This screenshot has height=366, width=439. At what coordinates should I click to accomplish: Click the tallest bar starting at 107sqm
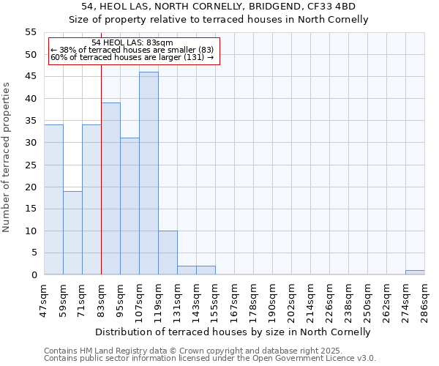(149, 173)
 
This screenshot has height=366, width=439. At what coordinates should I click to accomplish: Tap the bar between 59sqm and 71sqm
(72, 233)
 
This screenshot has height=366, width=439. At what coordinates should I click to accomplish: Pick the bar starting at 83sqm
(110, 189)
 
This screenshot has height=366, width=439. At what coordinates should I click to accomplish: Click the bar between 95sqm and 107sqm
(130, 206)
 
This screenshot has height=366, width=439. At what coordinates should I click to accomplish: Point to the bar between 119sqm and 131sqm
(168, 253)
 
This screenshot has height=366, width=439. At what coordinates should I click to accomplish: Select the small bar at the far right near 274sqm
(415, 272)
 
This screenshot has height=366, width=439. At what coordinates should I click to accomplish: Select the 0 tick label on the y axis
(34, 275)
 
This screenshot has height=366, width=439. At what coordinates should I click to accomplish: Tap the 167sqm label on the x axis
(234, 298)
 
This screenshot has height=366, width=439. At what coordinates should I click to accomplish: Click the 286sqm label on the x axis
(424, 298)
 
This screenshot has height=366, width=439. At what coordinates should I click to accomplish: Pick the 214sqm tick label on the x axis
(310, 298)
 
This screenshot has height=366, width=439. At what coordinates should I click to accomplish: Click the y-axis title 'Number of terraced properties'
(7, 157)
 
